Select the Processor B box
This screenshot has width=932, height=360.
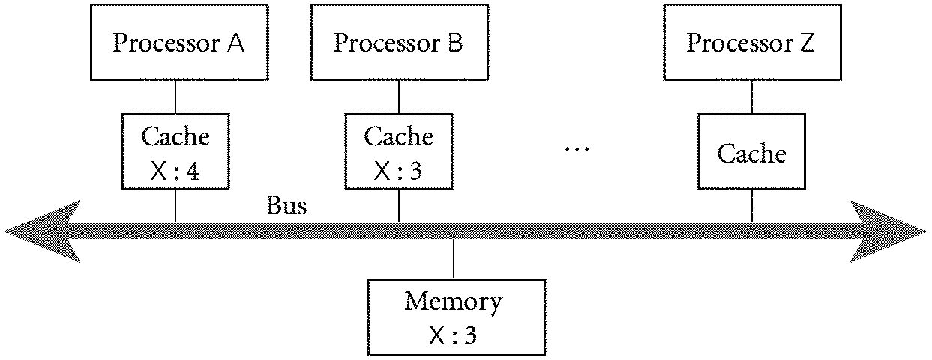(397, 43)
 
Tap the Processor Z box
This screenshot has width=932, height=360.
(751, 43)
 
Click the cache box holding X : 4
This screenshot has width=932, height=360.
(175, 150)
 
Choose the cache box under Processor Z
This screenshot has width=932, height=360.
(751, 153)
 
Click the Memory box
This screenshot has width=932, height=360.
(454, 316)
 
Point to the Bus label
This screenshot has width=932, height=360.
(286, 205)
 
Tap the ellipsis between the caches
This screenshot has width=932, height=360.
(577, 148)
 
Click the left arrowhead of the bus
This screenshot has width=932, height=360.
(41, 231)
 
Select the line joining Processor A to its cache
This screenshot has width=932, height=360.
(175, 96)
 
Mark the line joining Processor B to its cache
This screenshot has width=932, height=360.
(397, 96)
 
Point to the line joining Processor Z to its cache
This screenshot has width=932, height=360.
(751, 96)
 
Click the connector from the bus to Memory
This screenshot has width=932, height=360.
(454, 259)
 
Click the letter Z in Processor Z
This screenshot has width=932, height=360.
(806, 43)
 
